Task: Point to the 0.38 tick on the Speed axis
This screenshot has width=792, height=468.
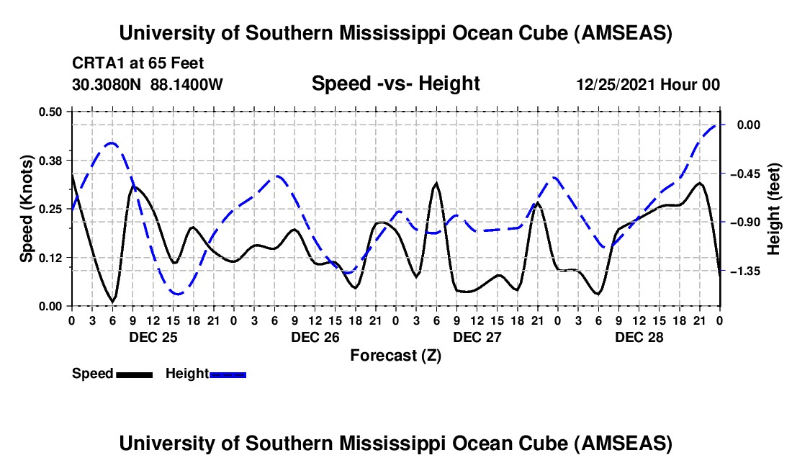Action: (x=51, y=160)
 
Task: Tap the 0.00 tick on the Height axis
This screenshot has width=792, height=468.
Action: (x=748, y=125)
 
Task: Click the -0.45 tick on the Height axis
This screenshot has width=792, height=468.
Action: (x=748, y=174)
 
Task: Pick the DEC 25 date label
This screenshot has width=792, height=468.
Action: (x=153, y=336)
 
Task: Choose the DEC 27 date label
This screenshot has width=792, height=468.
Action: (x=477, y=336)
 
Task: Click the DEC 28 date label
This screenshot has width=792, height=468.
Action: (x=639, y=336)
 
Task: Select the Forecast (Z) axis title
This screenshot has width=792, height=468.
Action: (x=395, y=355)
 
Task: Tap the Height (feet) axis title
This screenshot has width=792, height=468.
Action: (x=774, y=209)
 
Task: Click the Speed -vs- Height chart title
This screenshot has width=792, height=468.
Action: (x=395, y=84)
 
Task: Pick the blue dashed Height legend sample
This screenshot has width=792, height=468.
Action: (x=228, y=374)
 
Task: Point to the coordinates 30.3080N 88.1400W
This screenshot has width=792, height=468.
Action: (x=148, y=85)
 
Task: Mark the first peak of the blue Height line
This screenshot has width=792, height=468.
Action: (x=112, y=143)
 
